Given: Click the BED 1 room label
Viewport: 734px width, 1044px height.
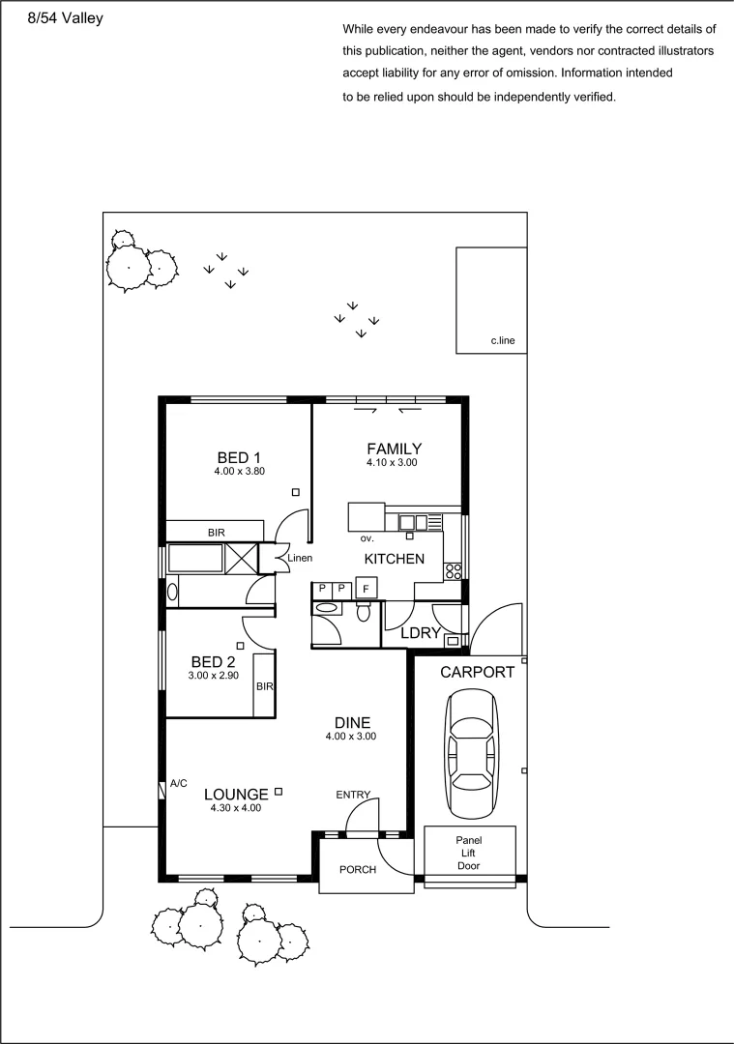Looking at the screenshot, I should pyautogui.click(x=239, y=457).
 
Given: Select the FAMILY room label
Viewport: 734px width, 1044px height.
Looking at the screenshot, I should pyautogui.click(x=394, y=449).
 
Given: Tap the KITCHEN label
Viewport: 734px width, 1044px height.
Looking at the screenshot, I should pyautogui.click(x=394, y=559).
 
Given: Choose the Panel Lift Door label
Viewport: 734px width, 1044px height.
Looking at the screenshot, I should pyautogui.click(x=469, y=854).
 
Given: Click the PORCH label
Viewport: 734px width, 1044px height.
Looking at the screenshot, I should pyautogui.click(x=357, y=870).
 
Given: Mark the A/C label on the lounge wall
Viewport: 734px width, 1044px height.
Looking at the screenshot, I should pyautogui.click(x=179, y=783).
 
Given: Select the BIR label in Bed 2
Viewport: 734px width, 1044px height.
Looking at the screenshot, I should pyautogui.click(x=264, y=686).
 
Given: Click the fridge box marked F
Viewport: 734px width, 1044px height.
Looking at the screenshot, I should pyautogui.click(x=367, y=589).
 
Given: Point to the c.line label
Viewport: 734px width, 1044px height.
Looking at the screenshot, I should pyautogui.click(x=503, y=340).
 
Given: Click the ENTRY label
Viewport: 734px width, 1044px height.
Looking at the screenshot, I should pyautogui.click(x=353, y=795).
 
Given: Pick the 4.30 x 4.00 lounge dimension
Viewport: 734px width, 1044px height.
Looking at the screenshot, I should pyautogui.click(x=236, y=808).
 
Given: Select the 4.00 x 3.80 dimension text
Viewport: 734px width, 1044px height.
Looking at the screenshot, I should pyautogui.click(x=239, y=472).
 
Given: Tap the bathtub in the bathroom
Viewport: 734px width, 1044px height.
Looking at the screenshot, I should pyautogui.click(x=198, y=559).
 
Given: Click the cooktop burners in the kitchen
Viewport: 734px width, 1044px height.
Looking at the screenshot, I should pyautogui.click(x=453, y=570).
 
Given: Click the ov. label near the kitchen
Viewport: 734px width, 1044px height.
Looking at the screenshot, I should pyautogui.click(x=367, y=537).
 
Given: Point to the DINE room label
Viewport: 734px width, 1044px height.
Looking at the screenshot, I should pyautogui.click(x=352, y=722).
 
